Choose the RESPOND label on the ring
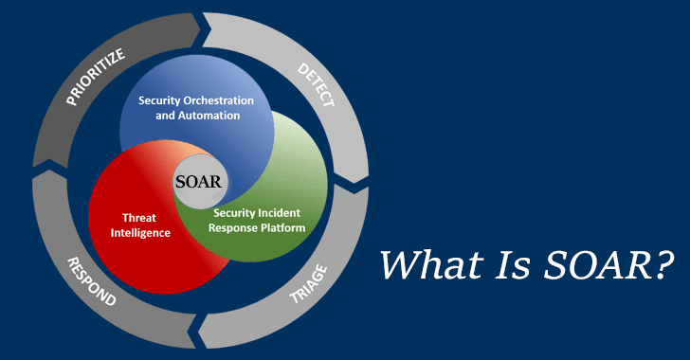pyautogui.click(x=89, y=283)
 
